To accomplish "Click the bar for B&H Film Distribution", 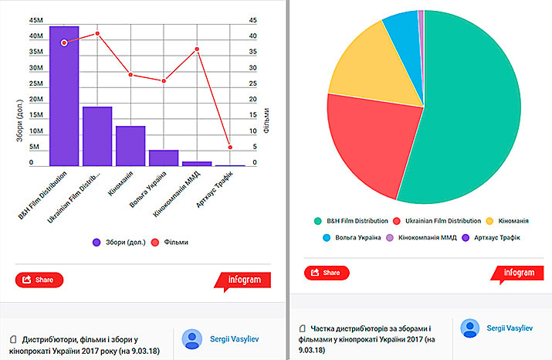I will pos(64,97).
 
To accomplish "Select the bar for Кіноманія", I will pos(130,146).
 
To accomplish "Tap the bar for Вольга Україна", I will pos(164,158).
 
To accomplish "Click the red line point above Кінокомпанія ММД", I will pos(197,49).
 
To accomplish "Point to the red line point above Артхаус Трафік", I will pos(230,147).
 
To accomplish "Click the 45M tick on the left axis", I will pos(36,20).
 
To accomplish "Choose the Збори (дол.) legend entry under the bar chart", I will pos(119,242).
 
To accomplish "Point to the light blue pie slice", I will pos(401,27).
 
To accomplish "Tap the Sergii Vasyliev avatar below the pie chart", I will pos(470,328).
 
